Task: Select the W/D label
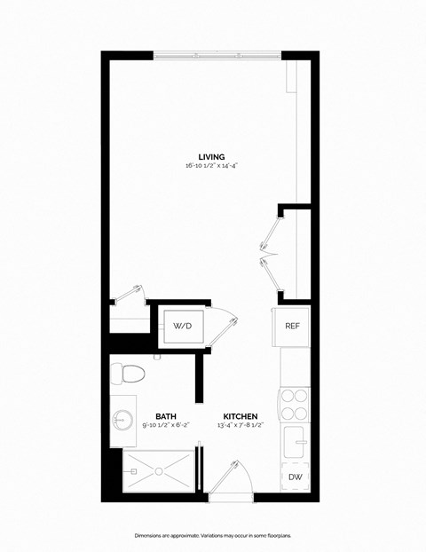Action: pyautogui.click(x=182, y=326)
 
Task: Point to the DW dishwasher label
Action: pyautogui.click(x=294, y=477)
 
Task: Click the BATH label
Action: pyautogui.click(x=165, y=415)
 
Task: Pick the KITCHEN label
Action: pyautogui.click(x=240, y=415)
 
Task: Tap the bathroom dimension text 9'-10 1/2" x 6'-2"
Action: pyautogui.click(x=165, y=425)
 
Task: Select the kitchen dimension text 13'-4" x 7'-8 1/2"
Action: pyautogui.click(x=240, y=425)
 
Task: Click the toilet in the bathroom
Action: pyautogui.click(x=125, y=373)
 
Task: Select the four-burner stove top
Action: pyautogui.click(x=294, y=405)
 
